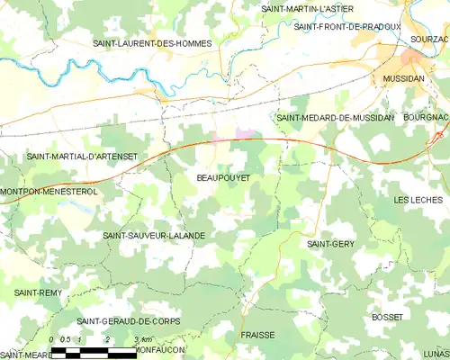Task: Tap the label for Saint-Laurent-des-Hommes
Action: coord(153,43)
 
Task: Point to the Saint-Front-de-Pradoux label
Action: coord(347,27)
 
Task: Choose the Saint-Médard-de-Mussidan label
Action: coord(336,118)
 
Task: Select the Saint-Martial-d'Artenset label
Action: coord(82,156)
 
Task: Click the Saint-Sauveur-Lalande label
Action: coord(154,235)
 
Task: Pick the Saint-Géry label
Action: coord(330,244)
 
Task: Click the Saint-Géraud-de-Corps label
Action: coord(128,321)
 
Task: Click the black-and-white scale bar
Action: coord(94,352)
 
